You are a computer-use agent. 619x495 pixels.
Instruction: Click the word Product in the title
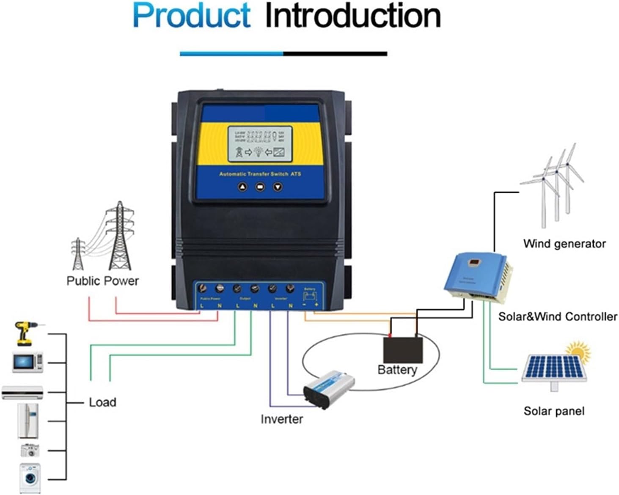[x=191, y=16]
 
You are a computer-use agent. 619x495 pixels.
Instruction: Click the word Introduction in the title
[x=353, y=16]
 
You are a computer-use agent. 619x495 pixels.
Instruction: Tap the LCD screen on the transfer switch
[x=260, y=144]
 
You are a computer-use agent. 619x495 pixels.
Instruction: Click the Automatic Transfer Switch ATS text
[x=260, y=174]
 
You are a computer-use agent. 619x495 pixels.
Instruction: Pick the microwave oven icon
[x=28, y=362]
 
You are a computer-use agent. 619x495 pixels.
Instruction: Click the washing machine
[x=30, y=478]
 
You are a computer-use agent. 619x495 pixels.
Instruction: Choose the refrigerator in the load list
[x=28, y=421]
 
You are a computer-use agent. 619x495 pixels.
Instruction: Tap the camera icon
[x=30, y=450]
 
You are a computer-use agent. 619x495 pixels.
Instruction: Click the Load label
[x=102, y=402]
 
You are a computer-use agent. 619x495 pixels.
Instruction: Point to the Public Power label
[x=102, y=281]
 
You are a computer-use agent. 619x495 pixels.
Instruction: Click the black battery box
[x=403, y=349]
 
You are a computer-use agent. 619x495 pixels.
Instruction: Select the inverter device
[x=329, y=388]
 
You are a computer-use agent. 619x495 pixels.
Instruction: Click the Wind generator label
[x=564, y=244]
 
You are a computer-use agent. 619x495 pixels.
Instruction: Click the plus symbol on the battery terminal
[x=316, y=304]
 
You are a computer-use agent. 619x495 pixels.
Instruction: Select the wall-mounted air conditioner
[x=22, y=392]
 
